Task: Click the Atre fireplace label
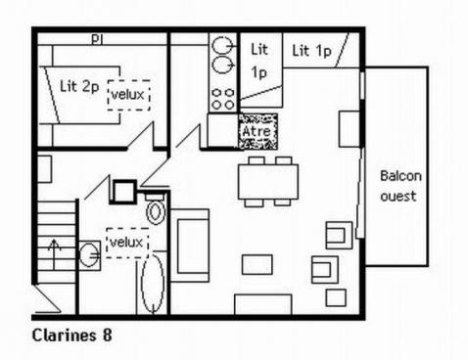point(257,131)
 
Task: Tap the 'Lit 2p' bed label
point(79,87)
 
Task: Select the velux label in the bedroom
point(127,95)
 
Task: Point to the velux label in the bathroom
point(126,243)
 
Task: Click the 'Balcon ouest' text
point(400,186)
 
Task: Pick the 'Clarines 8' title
point(72,336)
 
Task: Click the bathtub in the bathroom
point(153,283)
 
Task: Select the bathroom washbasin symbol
point(89,254)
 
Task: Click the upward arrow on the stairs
point(55,253)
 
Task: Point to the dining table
point(268,182)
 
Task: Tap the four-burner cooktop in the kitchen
point(223,99)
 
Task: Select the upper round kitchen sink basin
point(222,45)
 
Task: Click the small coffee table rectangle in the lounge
point(257,264)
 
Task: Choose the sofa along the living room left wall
point(190,246)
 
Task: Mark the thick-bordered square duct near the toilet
point(123,192)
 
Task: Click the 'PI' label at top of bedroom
point(97,40)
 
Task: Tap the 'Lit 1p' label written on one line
point(312,51)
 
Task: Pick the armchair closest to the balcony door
point(339,235)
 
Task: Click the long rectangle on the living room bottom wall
point(263,304)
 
